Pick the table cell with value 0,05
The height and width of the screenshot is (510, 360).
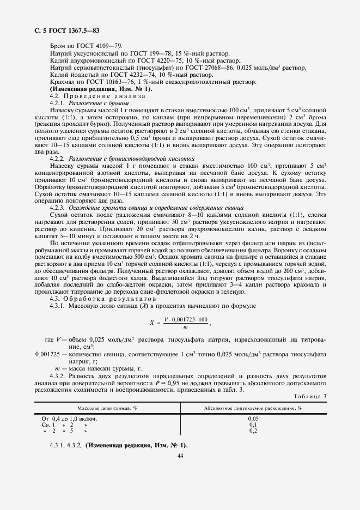coord(253,418)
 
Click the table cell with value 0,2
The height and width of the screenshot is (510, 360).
coord(253,430)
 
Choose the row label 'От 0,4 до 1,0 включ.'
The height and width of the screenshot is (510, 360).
coord(69,418)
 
